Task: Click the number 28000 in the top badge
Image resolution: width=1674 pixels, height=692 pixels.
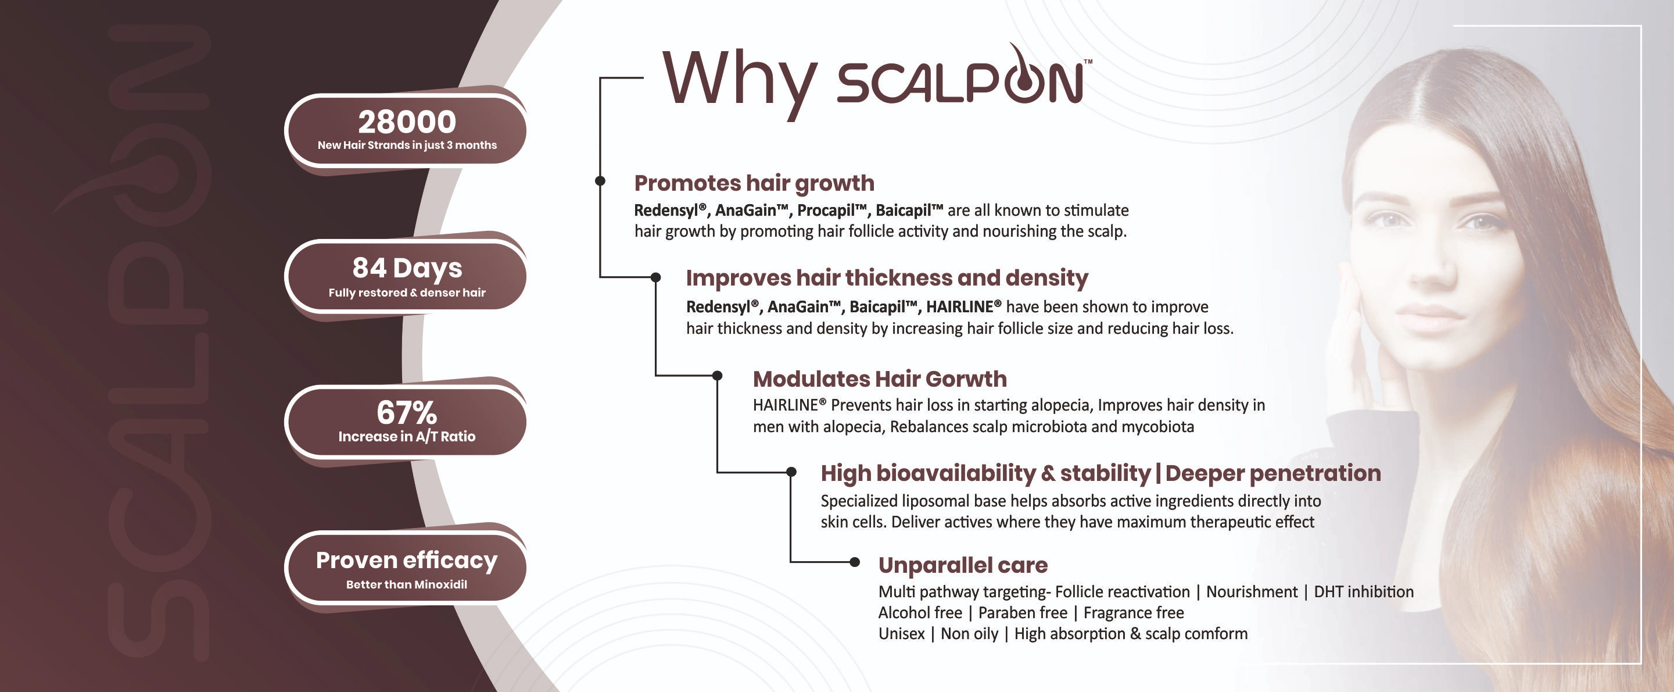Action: click(407, 122)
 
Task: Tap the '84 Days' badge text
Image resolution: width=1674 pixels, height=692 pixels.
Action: click(407, 268)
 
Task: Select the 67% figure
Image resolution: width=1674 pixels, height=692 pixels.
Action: click(407, 412)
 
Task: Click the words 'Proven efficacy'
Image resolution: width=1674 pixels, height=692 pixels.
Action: click(407, 561)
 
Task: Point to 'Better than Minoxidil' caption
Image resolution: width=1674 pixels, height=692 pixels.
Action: click(407, 584)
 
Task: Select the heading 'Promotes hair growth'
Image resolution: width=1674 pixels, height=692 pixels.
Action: click(754, 183)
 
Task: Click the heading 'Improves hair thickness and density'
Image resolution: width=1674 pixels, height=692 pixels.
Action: click(887, 278)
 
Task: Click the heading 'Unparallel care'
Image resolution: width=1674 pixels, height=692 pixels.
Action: click(963, 565)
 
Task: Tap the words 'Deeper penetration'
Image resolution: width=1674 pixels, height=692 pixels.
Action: click(1273, 473)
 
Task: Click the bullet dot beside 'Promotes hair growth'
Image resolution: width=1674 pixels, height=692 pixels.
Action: click(600, 181)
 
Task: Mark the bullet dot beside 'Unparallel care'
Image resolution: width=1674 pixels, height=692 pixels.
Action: click(855, 562)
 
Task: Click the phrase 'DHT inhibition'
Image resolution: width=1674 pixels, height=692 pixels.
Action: click(1364, 592)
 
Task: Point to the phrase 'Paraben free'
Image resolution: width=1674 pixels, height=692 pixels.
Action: click(1023, 613)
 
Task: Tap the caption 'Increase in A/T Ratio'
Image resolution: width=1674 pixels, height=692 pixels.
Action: click(407, 436)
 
